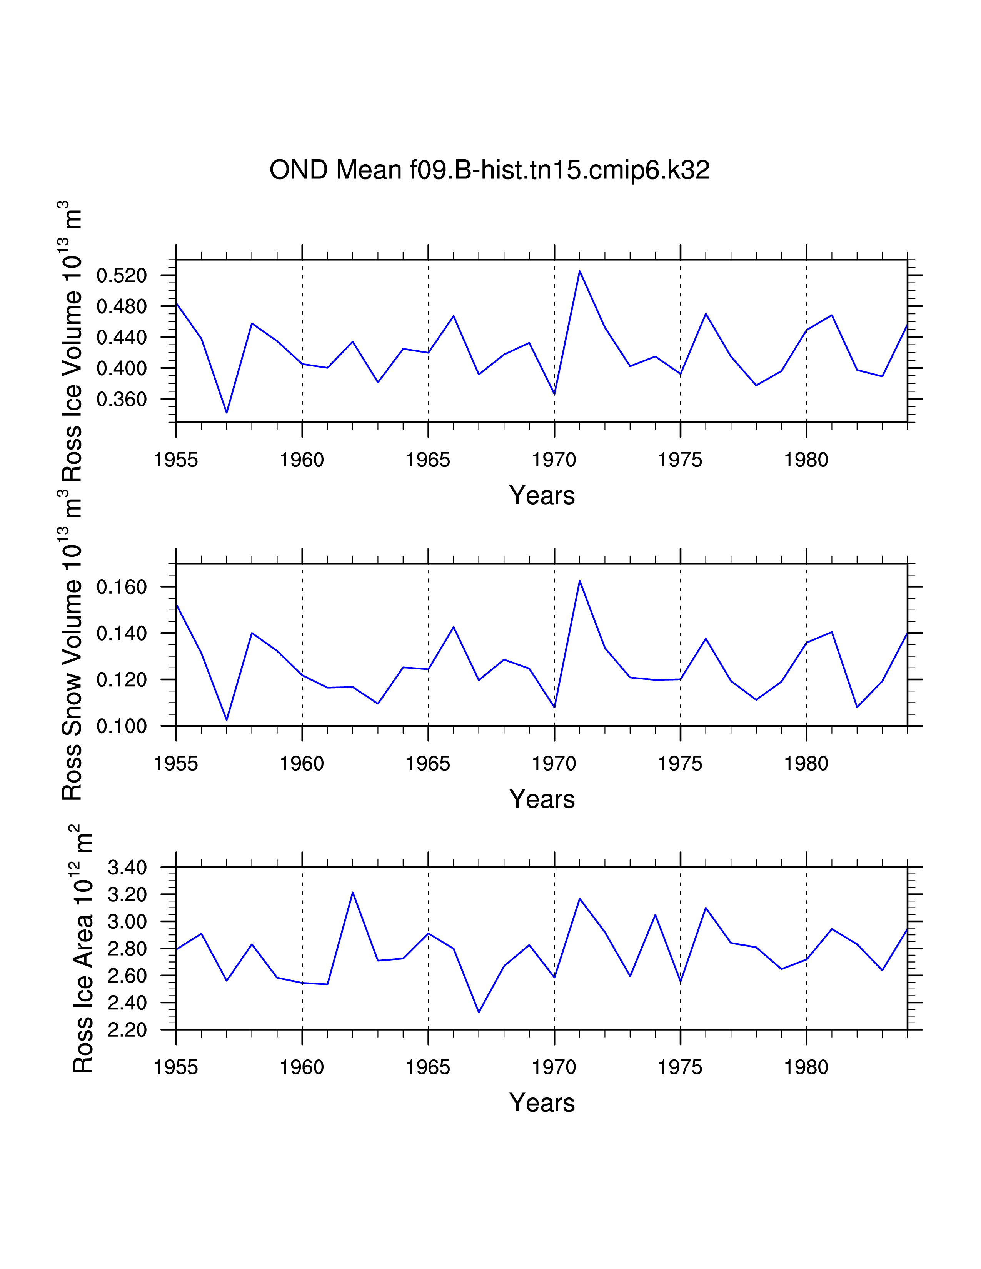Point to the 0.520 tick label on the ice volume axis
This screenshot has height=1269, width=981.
coord(122,275)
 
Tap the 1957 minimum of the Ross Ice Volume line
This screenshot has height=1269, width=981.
coord(227,413)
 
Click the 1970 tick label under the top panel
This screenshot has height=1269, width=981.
coord(554,460)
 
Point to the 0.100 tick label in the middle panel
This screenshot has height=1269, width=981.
coord(122,726)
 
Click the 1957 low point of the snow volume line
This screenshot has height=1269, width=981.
coord(227,720)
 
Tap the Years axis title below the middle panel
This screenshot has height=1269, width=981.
coord(542,799)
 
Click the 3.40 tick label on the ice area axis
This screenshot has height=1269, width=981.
coord(127,868)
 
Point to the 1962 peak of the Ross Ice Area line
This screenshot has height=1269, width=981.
coord(353,893)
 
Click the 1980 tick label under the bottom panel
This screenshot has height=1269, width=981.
coord(806,1067)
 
